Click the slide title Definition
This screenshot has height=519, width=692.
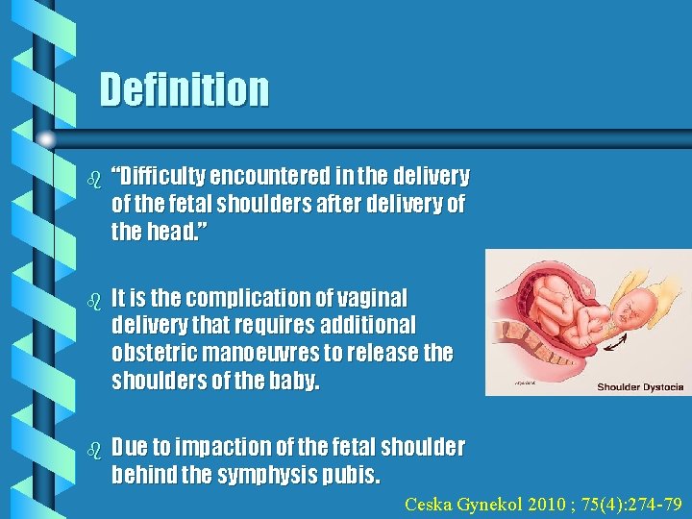pos(185,89)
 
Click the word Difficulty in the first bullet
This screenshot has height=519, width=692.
pos(161,177)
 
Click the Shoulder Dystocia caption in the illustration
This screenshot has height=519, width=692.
pos(640,386)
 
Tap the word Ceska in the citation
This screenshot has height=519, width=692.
pos(428,504)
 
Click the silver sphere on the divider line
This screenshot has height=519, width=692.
pos(46,138)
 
